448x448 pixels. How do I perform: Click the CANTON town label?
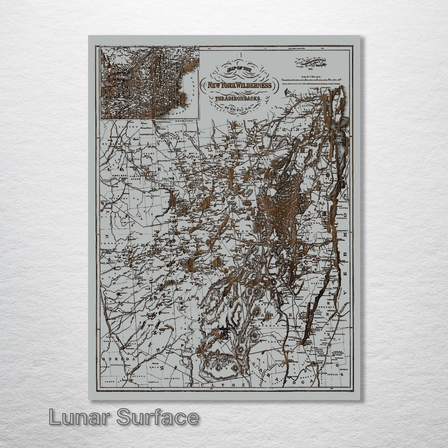pyautogui.click(x=129, y=127)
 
